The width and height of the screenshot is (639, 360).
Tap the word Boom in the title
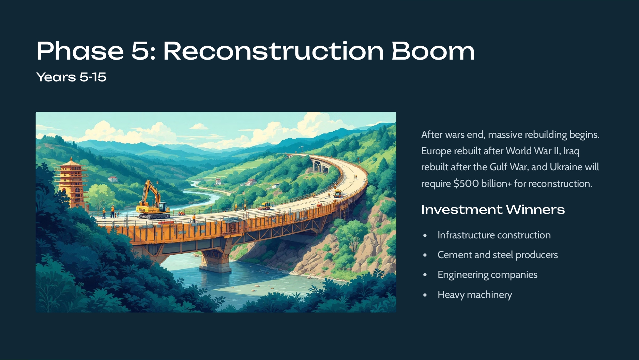click(x=433, y=51)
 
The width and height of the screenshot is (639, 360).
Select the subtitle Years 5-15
click(x=71, y=77)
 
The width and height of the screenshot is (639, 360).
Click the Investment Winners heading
click(x=493, y=209)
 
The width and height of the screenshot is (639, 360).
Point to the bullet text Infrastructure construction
click(x=494, y=235)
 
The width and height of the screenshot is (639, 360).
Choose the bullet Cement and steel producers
click(x=498, y=255)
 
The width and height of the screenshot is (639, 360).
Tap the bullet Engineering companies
click(x=487, y=275)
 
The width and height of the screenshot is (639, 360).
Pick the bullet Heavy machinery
click(x=475, y=295)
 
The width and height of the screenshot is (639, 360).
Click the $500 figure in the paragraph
click(x=466, y=184)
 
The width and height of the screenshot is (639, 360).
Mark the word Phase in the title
click(x=80, y=51)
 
